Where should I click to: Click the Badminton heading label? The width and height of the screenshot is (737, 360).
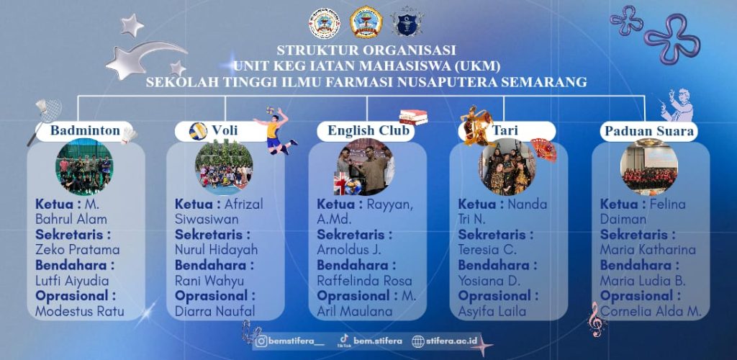85,130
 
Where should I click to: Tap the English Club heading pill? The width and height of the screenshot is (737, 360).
366,131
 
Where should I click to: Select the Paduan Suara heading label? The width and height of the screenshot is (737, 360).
648,131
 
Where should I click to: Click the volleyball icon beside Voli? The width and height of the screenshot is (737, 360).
198,131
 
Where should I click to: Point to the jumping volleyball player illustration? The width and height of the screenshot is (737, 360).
276,130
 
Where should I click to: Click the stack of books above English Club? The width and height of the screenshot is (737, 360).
413,117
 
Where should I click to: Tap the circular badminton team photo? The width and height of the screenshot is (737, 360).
84,167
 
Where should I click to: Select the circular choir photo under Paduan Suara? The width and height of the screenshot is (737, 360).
649,167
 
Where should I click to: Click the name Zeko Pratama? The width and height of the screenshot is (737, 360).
78,250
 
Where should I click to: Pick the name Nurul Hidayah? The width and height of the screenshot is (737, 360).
216,250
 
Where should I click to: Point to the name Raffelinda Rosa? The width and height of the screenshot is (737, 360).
364,281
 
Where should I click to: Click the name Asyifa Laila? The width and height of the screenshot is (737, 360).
492,311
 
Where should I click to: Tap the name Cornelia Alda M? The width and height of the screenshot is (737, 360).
651,311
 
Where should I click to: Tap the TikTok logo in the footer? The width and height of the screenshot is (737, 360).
344,339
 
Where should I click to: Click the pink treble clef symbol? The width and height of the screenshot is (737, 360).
596,319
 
